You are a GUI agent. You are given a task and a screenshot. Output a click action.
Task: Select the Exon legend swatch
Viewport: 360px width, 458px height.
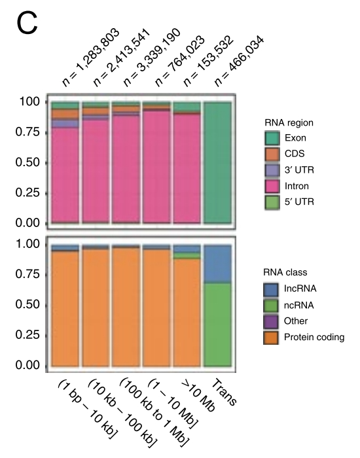coord(273,139)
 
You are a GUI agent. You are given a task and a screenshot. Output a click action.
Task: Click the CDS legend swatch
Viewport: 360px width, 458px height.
coord(273,154)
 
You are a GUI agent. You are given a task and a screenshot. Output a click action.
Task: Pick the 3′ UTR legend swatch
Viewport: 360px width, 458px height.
coord(273,170)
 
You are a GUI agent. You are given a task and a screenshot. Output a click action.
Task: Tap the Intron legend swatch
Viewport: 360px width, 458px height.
coord(273,186)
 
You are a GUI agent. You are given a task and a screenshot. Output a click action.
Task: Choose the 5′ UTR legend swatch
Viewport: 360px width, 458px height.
coord(273,202)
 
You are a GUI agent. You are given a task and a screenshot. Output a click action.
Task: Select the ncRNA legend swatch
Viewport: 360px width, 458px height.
coord(273,305)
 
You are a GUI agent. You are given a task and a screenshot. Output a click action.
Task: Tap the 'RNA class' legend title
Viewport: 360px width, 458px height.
coord(286,272)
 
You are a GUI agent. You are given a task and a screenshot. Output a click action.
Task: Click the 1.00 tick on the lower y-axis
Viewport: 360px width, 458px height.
coord(26,245)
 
